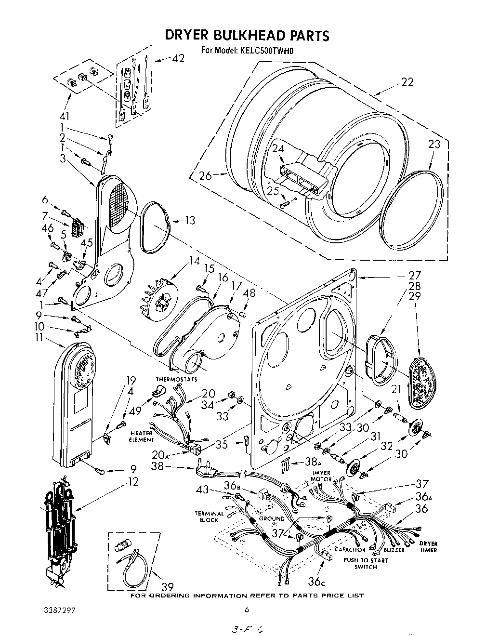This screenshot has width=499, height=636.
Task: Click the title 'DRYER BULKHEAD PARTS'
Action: [x=247, y=35]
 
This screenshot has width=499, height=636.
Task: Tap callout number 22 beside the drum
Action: [x=407, y=82]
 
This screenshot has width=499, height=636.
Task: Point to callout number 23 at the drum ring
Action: [x=434, y=144]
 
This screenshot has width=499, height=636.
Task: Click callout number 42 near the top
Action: [x=178, y=58]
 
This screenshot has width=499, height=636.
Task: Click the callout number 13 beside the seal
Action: [x=190, y=220]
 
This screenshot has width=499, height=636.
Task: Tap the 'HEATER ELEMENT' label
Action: [x=141, y=436]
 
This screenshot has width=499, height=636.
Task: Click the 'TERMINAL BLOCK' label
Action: [x=209, y=517]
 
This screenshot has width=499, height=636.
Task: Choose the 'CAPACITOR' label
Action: [x=350, y=549]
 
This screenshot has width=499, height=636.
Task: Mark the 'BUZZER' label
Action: [x=394, y=550]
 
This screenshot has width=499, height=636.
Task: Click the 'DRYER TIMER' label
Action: [x=428, y=546]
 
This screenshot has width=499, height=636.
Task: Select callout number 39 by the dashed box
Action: [x=167, y=586]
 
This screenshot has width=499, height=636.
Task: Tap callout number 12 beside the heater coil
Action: [x=132, y=481]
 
